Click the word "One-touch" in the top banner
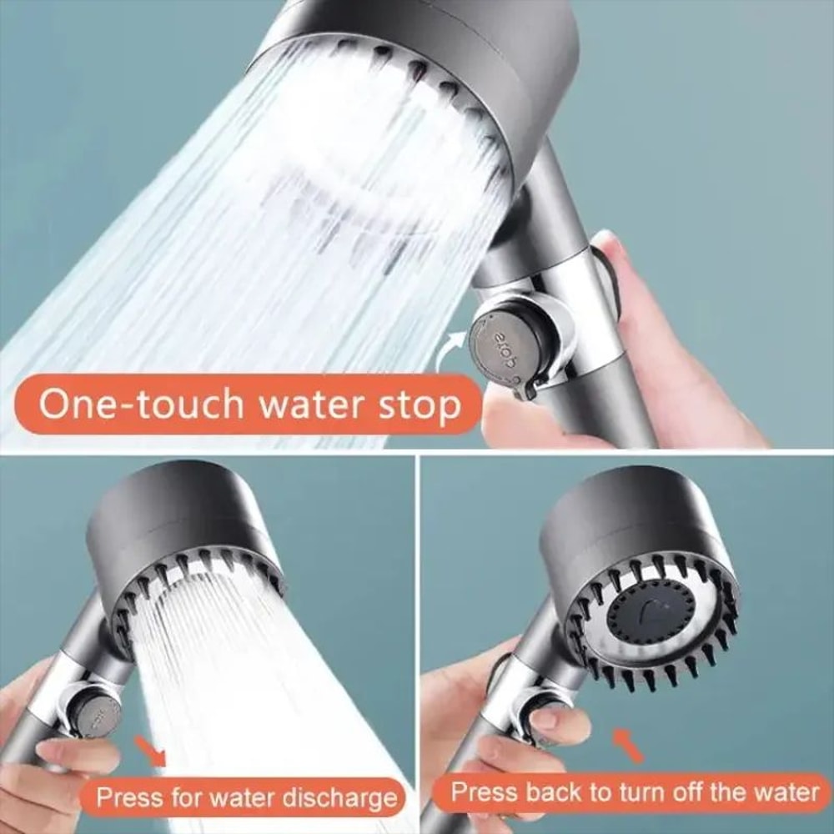(142, 404)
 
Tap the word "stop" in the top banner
(423, 406)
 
